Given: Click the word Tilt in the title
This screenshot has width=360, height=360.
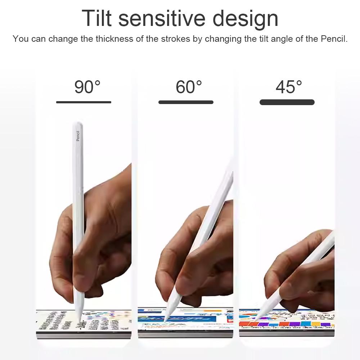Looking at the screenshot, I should (x=97, y=18).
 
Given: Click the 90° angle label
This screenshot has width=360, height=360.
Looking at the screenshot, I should (x=87, y=87).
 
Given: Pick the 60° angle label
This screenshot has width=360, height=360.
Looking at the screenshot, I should (x=189, y=87).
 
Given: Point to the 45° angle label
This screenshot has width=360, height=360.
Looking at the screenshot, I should (x=289, y=87).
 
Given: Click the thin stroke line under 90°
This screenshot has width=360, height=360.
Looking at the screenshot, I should (x=84, y=102).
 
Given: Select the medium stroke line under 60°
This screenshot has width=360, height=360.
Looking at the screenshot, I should (x=186, y=102).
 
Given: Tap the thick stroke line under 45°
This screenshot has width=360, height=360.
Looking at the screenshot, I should (x=287, y=102).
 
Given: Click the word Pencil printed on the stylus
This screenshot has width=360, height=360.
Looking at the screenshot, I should (x=78, y=135).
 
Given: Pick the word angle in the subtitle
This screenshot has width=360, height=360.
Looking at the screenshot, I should (x=281, y=39).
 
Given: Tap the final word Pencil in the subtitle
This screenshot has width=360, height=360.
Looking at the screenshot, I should (x=334, y=39).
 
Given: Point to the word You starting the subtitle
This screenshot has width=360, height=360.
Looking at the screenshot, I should (x=21, y=39).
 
